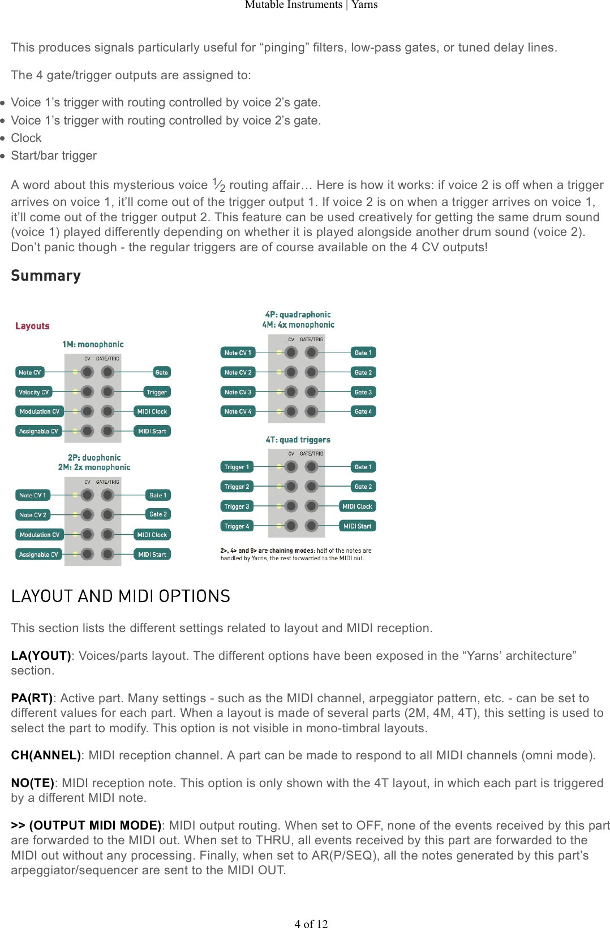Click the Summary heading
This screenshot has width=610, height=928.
[46, 276]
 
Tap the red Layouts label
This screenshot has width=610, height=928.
[32, 326]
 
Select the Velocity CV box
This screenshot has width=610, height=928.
[33, 392]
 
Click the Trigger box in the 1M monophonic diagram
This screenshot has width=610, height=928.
[156, 392]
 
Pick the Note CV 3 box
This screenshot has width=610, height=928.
[238, 392]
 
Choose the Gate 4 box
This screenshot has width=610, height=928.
[363, 411]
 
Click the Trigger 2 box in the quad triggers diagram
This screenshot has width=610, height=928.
[237, 487]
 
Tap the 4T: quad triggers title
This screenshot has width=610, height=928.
[298, 440]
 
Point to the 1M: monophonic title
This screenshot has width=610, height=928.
[93, 344]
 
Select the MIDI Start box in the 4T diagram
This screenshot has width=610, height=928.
[357, 526]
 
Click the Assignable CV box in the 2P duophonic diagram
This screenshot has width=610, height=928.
[38, 555]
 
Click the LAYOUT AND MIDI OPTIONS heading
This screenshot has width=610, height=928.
[121, 596]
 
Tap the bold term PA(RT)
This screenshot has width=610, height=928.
[32, 698]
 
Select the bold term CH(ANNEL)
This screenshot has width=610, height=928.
[46, 755]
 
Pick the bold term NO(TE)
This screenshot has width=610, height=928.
[32, 783]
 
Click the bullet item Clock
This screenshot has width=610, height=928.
[26, 138]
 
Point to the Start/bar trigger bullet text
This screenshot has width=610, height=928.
[54, 156]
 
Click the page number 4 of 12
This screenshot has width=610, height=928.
[311, 923]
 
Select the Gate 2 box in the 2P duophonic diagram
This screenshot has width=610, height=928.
[158, 514]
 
